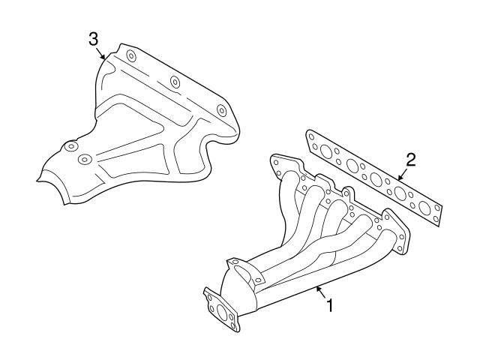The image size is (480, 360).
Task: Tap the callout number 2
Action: click(410, 158)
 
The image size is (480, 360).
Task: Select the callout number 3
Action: click(93, 38)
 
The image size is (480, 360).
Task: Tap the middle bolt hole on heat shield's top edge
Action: click(175, 81)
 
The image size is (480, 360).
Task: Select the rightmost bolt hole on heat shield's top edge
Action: click(221, 109)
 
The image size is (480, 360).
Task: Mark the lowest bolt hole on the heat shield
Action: click(84, 158)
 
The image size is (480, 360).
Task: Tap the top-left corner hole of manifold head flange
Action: click(277, 160)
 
